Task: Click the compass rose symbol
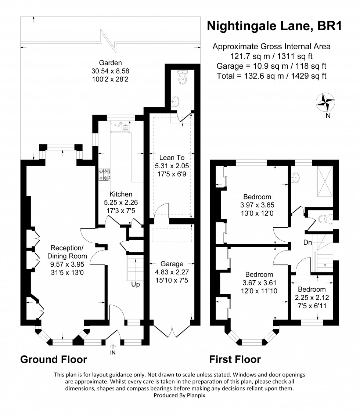pyautogui.click(x=325, y=102)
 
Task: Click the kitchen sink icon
pyautogui.click(x=120, y=127)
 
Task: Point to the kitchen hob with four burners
pyautogui.click(x=104, y=174)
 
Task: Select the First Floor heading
pyautogui.click(x=235, y=359)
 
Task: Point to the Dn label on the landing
pyautogui.click(x=308, y=242)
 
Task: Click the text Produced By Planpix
pyautogui.click(x=180, y=396)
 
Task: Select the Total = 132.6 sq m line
pyautogui.click(x=271, y=76)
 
